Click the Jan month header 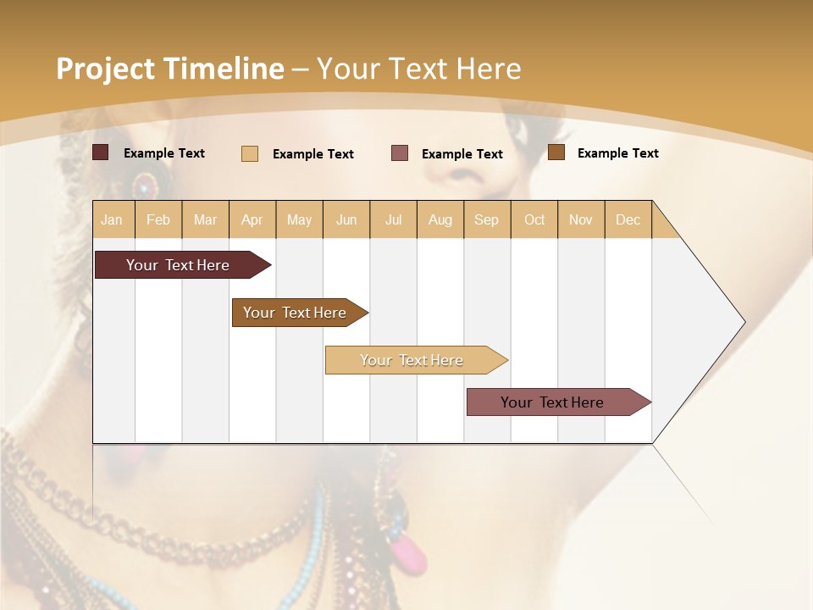click(112, 219)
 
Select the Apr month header click(252, 219)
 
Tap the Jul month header click(393, 219)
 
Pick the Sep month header click(486, 219)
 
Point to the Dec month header click(628, 219)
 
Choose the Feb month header click(158, 219)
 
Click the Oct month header click(534, 219)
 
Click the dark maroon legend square click(101, 152)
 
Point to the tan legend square click(250, 153)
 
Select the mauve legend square click(400, 153)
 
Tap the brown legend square click(556, 152)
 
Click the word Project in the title click(106, 69)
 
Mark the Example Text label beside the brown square click(617, 153)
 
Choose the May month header click(299, 219)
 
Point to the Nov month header click(580, 219)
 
